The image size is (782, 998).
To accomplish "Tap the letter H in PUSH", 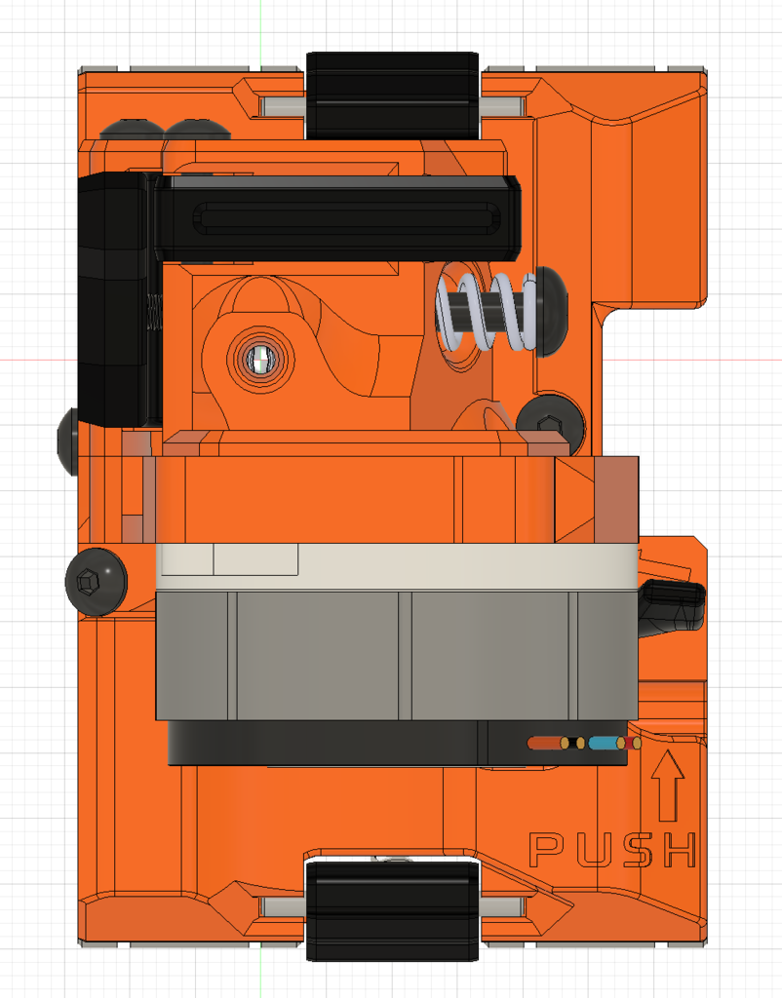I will click(x=678, y=850).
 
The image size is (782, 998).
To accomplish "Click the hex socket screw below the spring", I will click(x=550, y=424).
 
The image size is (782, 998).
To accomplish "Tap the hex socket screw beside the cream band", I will click(x=94, y=582).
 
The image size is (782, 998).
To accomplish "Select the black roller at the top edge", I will click(x=392, y=95).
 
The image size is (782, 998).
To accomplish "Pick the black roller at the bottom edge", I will click(x=392, y=910).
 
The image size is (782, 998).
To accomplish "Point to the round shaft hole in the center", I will click(x=260, y=361).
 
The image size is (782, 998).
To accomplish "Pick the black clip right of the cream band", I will click(x=671, y=604).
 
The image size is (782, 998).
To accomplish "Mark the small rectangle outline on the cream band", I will click(x=255, y=559).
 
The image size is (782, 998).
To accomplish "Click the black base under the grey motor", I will click(x=322, y=744).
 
